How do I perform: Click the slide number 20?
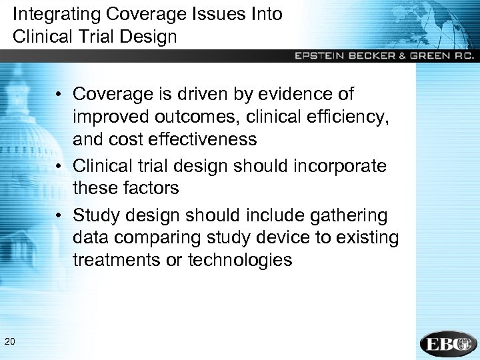(x=9, y=342)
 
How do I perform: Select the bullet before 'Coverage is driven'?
(x=60, y=95)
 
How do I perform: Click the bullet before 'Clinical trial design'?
(x=60, y=166)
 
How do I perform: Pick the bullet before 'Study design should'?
(x=60, y=215)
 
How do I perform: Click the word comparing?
(x=165, y=238)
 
